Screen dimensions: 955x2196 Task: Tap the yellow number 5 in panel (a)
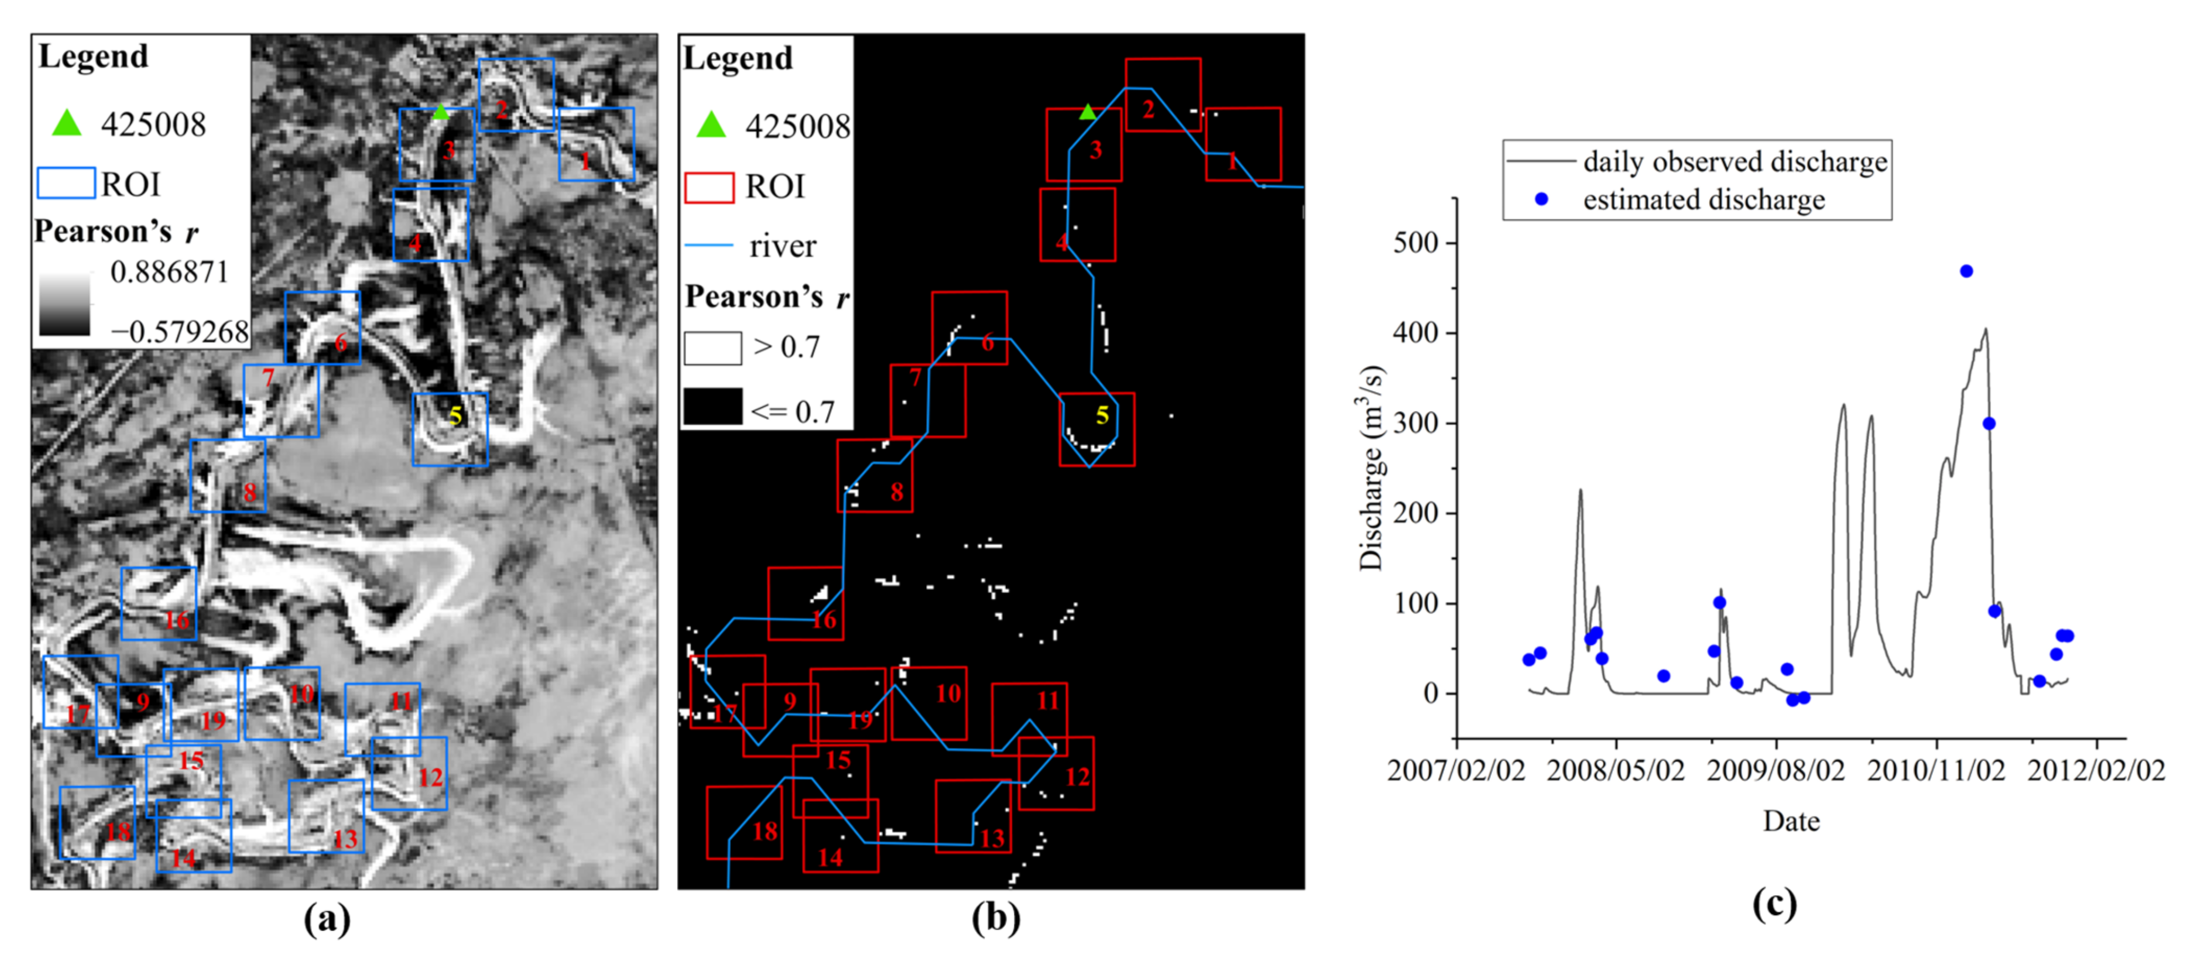coord(455,416)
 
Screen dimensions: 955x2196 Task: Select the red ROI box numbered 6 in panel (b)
coord(969,328)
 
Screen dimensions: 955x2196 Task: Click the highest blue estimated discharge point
coord(1967,271)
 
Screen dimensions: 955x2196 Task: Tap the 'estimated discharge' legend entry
coord(1704,199)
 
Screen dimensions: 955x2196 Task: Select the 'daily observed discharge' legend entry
coord(1735,161)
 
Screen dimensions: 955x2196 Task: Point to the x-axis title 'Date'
coord(1791,821)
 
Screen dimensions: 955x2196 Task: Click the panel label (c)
coord(1774,903)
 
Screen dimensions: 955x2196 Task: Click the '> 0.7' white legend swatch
coord(712,348)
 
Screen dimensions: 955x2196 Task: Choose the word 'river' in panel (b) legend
coord(783,247)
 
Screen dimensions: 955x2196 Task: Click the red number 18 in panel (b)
coord(765,831)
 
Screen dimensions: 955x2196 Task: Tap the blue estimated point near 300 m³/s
coord(1989,424)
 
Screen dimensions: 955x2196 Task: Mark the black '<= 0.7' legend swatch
coord(712,407)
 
